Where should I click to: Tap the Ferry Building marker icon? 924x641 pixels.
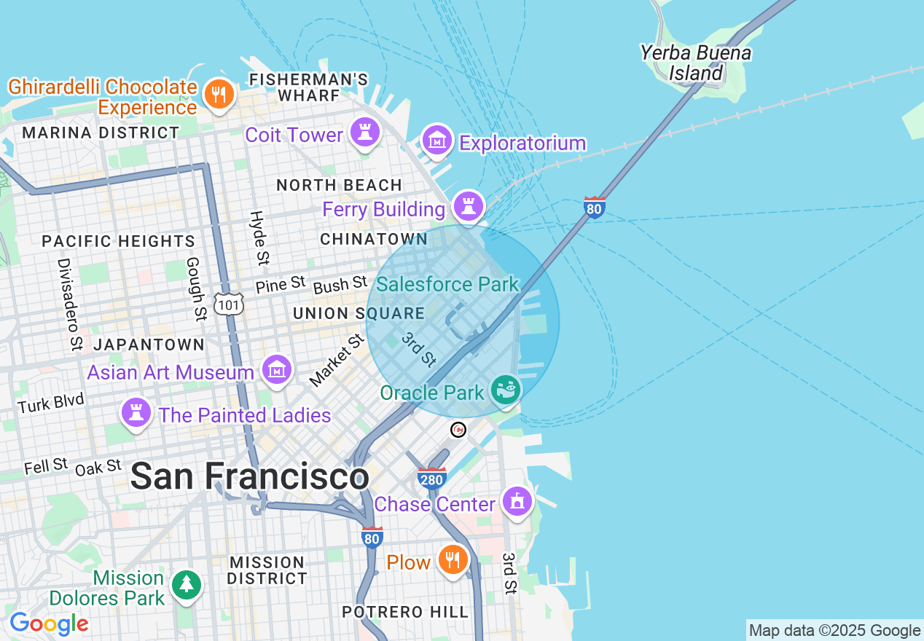click(469, 207)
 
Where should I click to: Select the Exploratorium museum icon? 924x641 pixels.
click(437, 140)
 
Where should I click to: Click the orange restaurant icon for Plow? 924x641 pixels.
click(453, 560)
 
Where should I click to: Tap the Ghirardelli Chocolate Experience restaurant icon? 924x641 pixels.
click(218, 94)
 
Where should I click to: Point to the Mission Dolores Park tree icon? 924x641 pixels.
click(187, 585)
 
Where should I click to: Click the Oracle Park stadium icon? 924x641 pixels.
click(505, 390)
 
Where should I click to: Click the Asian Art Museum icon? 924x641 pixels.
click(276, 371)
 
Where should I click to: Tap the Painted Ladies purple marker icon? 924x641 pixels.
click(136, 413)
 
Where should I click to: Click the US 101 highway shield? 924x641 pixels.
click(228, 304)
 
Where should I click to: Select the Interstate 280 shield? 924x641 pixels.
click(432, 479)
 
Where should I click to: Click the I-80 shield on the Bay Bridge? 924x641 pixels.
click(595, 208)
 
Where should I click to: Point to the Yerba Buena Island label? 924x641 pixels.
click(695, 63)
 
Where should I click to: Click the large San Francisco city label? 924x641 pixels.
click(249, 477)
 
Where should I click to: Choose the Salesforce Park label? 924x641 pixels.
click(447, 284)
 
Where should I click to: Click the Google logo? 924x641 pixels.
click(49, 624)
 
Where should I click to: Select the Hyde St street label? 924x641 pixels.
click(259, 237)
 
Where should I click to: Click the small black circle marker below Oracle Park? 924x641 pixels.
click(458, 430)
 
